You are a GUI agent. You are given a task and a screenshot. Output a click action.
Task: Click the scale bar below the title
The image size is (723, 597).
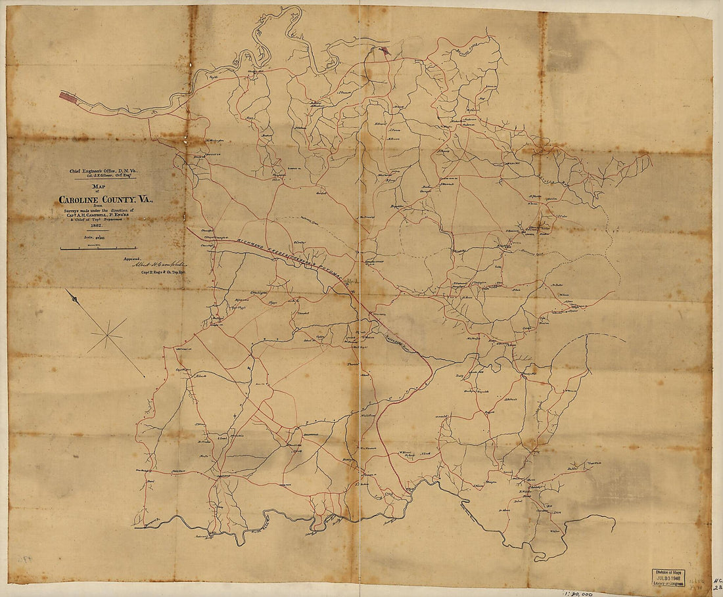pyautogui.click(x=99, y=249)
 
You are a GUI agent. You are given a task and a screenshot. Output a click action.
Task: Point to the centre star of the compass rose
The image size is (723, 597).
pyautogui.click(x=107, y=336)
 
